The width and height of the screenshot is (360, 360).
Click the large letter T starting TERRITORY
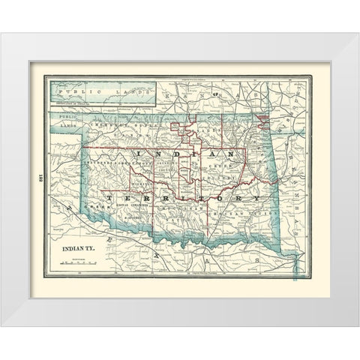click(111, 197)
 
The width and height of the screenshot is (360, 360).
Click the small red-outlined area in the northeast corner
click(262, 118)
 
